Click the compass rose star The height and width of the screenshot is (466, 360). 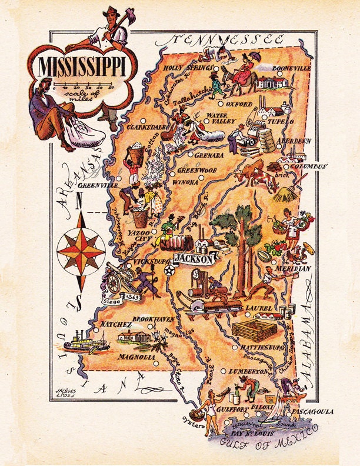coord(81,250)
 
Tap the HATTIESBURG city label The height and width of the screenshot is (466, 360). coord(262,348)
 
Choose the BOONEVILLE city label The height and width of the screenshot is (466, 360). coord(290,68)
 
